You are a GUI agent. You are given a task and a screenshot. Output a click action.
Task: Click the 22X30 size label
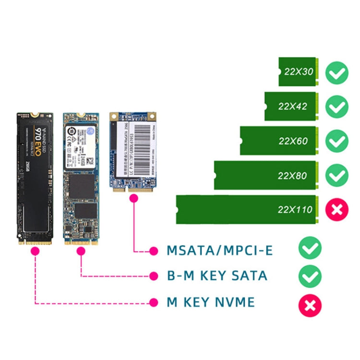[x=299, y=72]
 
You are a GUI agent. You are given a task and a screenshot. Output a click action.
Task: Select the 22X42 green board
[x=290, y=106]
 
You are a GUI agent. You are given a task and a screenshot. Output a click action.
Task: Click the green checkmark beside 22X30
[x=336, y=72]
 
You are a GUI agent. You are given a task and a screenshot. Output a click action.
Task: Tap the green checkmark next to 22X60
[x=336, y=141]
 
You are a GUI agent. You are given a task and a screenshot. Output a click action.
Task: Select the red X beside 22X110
[x=336, y=209]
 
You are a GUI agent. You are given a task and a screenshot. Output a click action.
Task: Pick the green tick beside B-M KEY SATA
[x=310, y=276]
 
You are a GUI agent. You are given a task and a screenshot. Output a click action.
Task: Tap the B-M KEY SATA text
[x=216, y=276]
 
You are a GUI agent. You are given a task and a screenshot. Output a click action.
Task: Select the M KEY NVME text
[x=210, y=302]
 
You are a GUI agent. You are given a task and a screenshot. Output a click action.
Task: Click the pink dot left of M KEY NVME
[x=154, y=302]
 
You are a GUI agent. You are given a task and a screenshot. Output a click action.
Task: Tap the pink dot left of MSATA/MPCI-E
[x=154, y=251]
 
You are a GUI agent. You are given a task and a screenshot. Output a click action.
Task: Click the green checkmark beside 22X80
[x=336, y=176]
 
